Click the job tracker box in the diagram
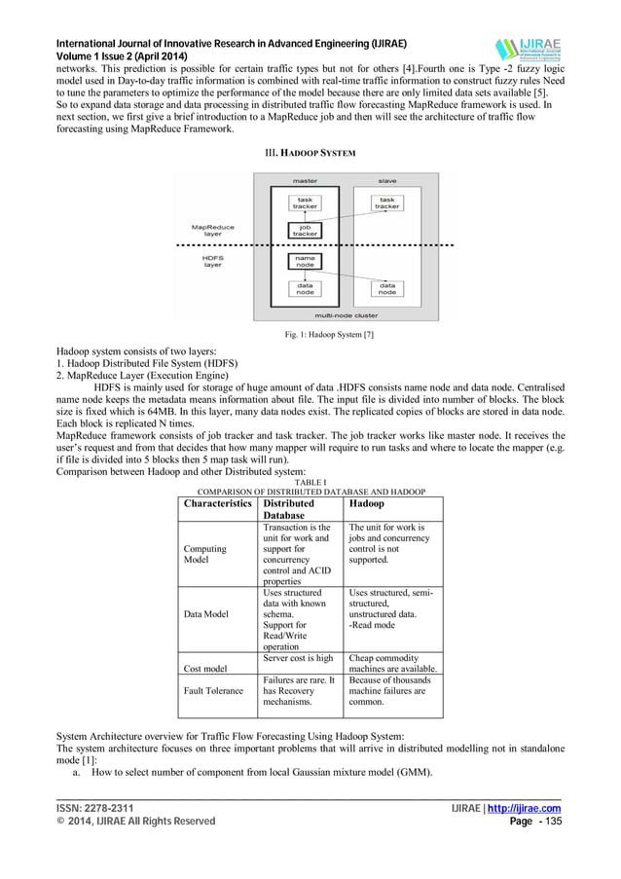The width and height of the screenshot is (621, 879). click(x=305, y=230)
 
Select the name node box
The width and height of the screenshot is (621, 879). click(x=305, y=260)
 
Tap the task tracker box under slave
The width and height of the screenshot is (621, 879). click(x=386, y=202)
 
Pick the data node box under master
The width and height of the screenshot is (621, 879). click(x=305, y=288)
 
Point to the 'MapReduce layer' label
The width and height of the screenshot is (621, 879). click(x=213, y=231)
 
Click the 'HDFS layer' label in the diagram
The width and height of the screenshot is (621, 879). click(x=212, y=261)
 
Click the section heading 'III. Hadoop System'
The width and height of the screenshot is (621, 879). click(x=310, y=154)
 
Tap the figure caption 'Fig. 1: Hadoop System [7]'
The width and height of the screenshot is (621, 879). click(x=310, y=336)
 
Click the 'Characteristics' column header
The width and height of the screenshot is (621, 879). click(x=218, y=504)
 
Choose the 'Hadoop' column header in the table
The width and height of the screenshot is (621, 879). click(x=367, y=504)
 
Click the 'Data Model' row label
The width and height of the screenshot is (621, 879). click(x=206, y=615)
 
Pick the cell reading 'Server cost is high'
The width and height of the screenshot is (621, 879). click(x=298, y=659)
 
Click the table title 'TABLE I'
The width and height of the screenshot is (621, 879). click(x=310, y=482)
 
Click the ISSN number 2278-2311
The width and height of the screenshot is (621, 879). click(x=108, y=808)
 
